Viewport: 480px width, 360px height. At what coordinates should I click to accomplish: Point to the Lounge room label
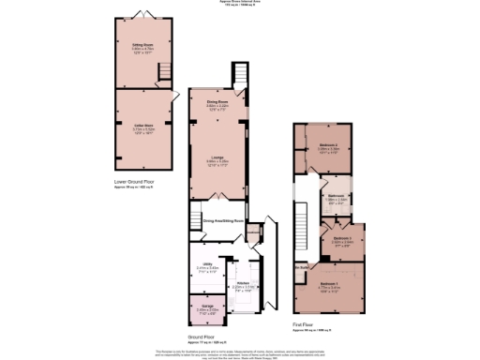[217, 157]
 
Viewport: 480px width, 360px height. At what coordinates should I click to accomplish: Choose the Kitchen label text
[242, 282]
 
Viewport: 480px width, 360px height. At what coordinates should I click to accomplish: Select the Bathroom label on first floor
[336, 195]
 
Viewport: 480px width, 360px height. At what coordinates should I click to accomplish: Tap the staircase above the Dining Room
[239, 73]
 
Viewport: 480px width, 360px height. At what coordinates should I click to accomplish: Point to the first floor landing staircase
[302, 220]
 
